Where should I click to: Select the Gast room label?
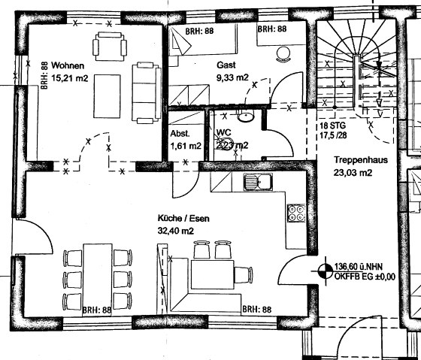(x=226, y=65)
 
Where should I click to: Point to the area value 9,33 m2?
(x=232, y=77)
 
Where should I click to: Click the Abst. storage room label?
(x=180, y=134)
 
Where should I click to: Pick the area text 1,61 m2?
(x=185, y=146)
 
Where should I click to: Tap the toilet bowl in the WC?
(x=244, y=116)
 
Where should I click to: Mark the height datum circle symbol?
(x=326, y=270)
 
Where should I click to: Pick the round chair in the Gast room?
(x=284, y=52)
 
